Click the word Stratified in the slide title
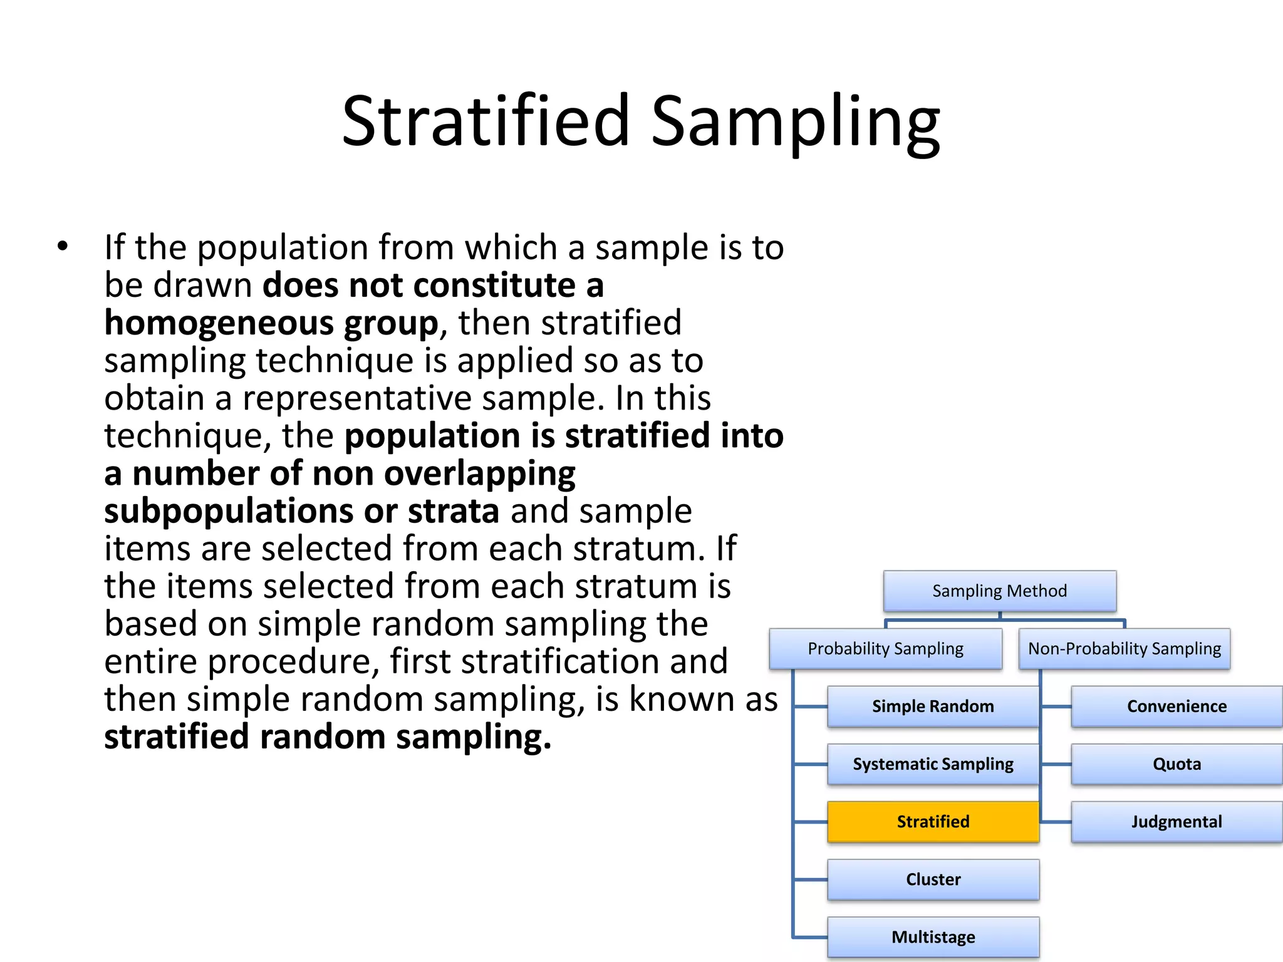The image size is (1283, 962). click(x=486, y=120)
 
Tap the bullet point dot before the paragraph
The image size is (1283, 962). click(x=62, y=247)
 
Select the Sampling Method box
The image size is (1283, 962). click(x=999, y=591)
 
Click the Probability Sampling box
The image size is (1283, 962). click(x=885, y=649)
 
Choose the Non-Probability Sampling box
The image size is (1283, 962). click(x=1124, y=649)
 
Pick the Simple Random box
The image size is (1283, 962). click(x=933, y=706)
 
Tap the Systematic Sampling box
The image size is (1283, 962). click(x=933, y=764)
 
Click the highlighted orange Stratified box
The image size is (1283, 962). click(x=933, y=822)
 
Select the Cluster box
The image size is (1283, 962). click(x=933, y=879)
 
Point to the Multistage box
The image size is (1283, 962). click(x=933, y=937)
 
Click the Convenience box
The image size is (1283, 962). click(x=1177, y=706)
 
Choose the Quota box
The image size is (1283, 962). click(x=1177, y=764)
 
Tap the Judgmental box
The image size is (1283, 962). click(x=1177, y=822)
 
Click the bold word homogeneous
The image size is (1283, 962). click(x=219, y=324)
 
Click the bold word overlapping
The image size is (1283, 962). click(x=479, y=474)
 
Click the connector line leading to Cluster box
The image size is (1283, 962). click(x=811, y=879)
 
